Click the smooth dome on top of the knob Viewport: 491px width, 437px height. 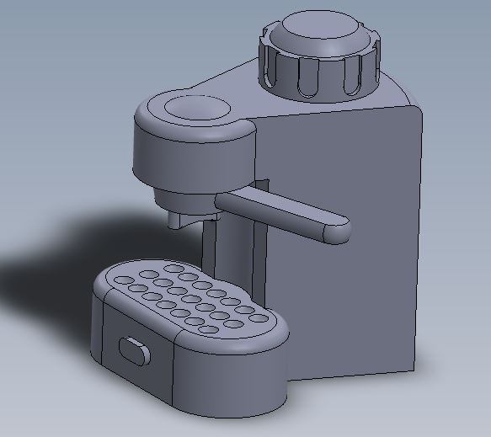[323, 32]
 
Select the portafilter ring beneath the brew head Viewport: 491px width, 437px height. [185, 202]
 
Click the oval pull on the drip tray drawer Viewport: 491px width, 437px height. [133, 348]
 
